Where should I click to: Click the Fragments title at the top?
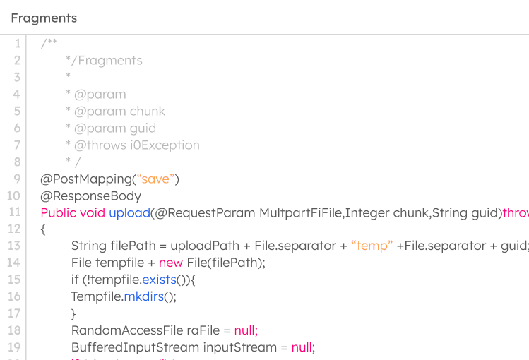(44, 18)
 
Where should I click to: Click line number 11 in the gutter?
(15, 212)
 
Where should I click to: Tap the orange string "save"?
(155, 179)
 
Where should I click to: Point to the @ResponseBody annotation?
(90, 196)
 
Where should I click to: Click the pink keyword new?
(171, 263)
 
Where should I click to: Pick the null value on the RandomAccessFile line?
(245, 330)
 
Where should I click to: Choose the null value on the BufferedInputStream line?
(302, 347)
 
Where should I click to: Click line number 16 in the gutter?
(15, 296)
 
